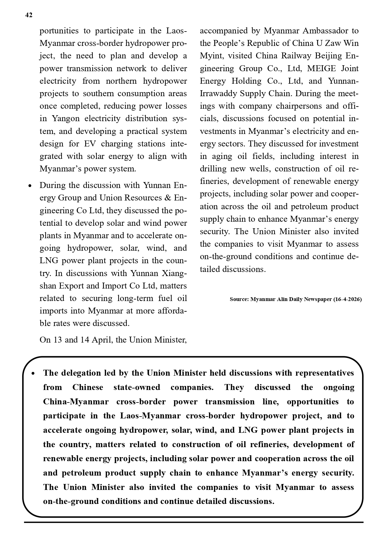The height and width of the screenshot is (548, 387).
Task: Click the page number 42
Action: pyautogui.click(x=29, y=15)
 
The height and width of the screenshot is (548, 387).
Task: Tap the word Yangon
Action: pyautogui.click(x=65, y=119)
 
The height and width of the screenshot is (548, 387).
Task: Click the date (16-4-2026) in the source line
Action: pyautogui.click(x=347, y=299)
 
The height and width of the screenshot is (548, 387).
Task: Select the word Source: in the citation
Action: pyautogui.click(x=239, y=299)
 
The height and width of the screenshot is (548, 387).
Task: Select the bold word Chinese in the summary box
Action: pyautogui.click(x=88, y=388)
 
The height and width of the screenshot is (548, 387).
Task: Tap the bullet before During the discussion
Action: pyautogui.click(x=30, y=186)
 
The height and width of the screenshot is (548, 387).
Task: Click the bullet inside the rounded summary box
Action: pyautogui.click(x=33, y=373)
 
